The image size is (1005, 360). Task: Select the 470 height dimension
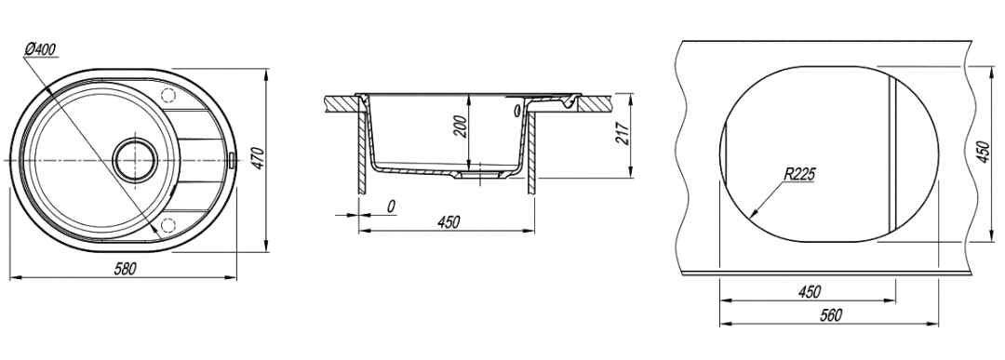pyautogui.click(x=257, y=159)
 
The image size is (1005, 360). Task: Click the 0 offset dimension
pyautogui.click(x=391, y=207)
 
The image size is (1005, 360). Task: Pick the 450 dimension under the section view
pyautogui.click(x=449, y=221)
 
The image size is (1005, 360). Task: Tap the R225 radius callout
pyautogui.click(x=798, y=173)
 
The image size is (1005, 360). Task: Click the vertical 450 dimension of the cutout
pyautogui.click(x=984, y=153)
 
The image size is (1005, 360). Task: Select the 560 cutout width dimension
pyautogui.click(x=830, y=315)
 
